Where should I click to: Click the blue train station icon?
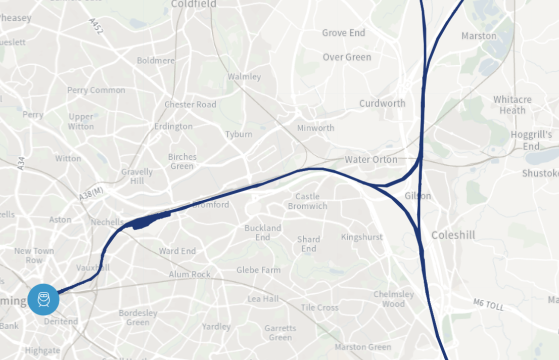tap(43, 299)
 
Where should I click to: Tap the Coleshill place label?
tap(453, 235)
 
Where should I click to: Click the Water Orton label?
tap(371, 159)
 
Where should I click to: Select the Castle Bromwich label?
tap(307, 201)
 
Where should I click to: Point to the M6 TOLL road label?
tap(489, 304)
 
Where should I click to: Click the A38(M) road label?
tap(91, 193)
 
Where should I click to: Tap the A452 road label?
tap(96, 26)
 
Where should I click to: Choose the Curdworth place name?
tap(382, 103)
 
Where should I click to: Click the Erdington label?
tap(173, 126)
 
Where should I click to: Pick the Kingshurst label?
tap(361, 237)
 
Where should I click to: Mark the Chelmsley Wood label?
tap(393, 299)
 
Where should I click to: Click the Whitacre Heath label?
tap(512, 105)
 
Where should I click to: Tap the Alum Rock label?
tap(190, 275)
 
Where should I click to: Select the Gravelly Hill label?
tap(136, 176)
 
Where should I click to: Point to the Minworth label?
tap(315, 128)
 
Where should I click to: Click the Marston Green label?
tap(362, 347)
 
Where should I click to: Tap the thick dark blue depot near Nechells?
tap(150, 220)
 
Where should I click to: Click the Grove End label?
tap(343, 33)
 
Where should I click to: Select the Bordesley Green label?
tap(137, 318)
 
